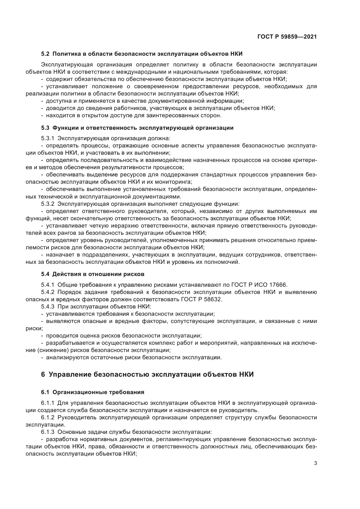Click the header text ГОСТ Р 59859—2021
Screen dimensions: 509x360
pos(287,37)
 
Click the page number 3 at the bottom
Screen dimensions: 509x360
pos(315,463)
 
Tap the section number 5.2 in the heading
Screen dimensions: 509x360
pos(45,54)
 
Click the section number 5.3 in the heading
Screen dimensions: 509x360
pos(45,128)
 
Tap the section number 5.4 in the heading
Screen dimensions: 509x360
pos(45,274)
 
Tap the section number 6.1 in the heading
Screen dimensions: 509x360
pos(45,392)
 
